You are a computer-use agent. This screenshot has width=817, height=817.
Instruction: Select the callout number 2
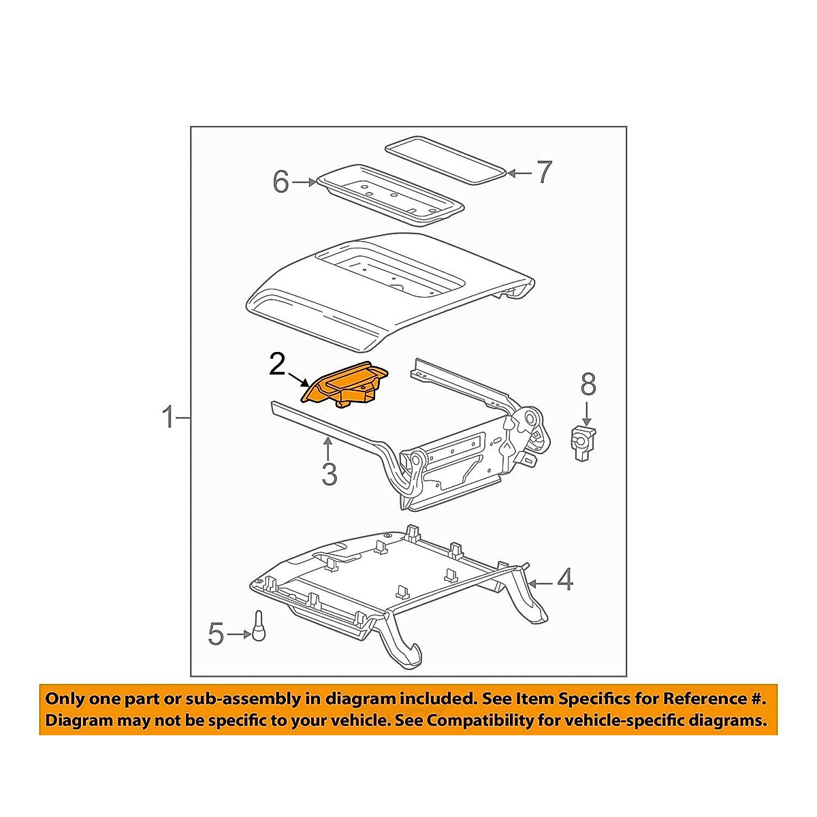tap(277, 364)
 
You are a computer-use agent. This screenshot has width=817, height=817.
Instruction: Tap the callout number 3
tap(329, 474)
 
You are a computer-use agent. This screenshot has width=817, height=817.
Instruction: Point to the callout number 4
tap(565, 581)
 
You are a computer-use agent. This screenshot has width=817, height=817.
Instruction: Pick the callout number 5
tap(216, 635)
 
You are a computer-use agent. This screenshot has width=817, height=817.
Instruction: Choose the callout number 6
tap(281, 182)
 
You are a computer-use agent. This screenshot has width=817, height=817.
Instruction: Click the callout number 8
tap(588, 385)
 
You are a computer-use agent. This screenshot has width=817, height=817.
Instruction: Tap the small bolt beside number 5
tap(259, 625)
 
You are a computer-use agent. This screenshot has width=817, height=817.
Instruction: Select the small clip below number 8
tap(582, 442)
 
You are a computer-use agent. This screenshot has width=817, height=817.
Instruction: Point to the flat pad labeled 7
tap(446, 161)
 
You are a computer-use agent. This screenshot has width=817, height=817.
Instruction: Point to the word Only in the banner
tap(65, 699)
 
